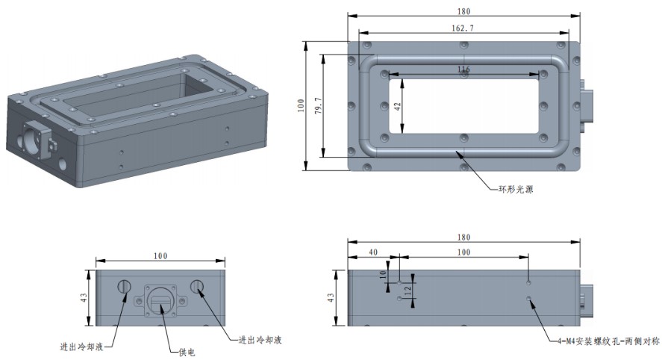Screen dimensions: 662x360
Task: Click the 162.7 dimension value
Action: (x=463, y=28)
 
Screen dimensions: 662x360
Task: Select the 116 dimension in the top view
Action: (x=463, y=69)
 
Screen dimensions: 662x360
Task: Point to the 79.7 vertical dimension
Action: (x=319, y=105)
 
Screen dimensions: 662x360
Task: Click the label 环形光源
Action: (x=516, y=189)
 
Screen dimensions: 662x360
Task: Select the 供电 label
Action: (x=187, y=352)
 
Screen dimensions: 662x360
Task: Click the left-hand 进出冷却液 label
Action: (x=81, y=347)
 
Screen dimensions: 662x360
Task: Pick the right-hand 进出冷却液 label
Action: (x=260, y=340)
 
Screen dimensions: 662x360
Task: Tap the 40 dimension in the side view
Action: (x=373, y=252)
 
